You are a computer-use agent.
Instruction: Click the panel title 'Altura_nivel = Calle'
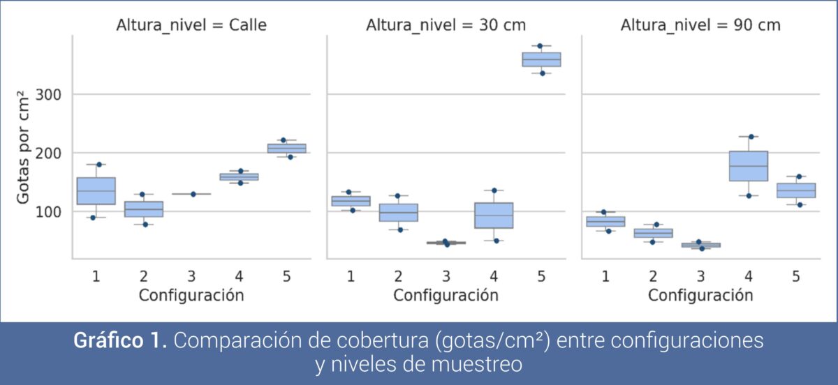(191, 26)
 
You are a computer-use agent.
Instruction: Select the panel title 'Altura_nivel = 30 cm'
(446, 26)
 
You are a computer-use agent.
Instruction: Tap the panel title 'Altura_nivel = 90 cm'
(700, 26)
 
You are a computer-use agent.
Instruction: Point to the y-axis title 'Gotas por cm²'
(24, 146)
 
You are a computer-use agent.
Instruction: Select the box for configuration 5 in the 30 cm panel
(541, 59)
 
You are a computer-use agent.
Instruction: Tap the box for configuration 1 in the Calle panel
(96, 190)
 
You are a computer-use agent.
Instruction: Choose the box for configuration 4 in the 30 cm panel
(494, 216)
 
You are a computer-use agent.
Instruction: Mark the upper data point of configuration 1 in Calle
(100, 165)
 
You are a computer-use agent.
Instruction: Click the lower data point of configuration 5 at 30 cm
(541, 73)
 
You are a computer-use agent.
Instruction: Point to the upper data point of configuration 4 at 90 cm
(751, 137)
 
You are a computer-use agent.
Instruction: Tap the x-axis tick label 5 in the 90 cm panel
(795, 276)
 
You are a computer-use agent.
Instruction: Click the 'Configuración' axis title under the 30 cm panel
(446, 295)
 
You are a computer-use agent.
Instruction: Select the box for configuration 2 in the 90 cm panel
(653, 233)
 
